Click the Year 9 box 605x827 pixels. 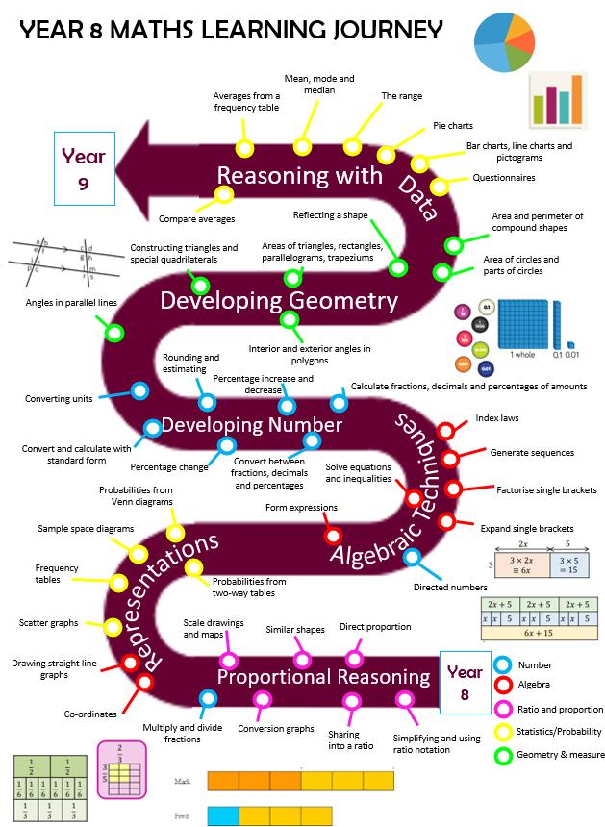point(85,168)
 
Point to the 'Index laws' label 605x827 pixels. point(497,419)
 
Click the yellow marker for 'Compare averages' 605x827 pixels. point(224,194)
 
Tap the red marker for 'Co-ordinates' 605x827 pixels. point(145,683)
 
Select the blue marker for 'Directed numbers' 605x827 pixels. point(412,556)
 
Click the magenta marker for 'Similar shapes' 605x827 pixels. point(302,660)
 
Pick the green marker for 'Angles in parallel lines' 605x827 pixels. point(114,333)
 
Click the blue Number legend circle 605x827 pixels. point(501,664)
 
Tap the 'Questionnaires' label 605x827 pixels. point(503,178)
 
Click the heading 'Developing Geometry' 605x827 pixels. point(279,301)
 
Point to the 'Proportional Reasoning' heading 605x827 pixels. point(322,676)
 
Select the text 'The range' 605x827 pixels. point(401,96)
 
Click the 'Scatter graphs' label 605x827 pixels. point(49,623)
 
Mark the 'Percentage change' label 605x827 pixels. point(169,467)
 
